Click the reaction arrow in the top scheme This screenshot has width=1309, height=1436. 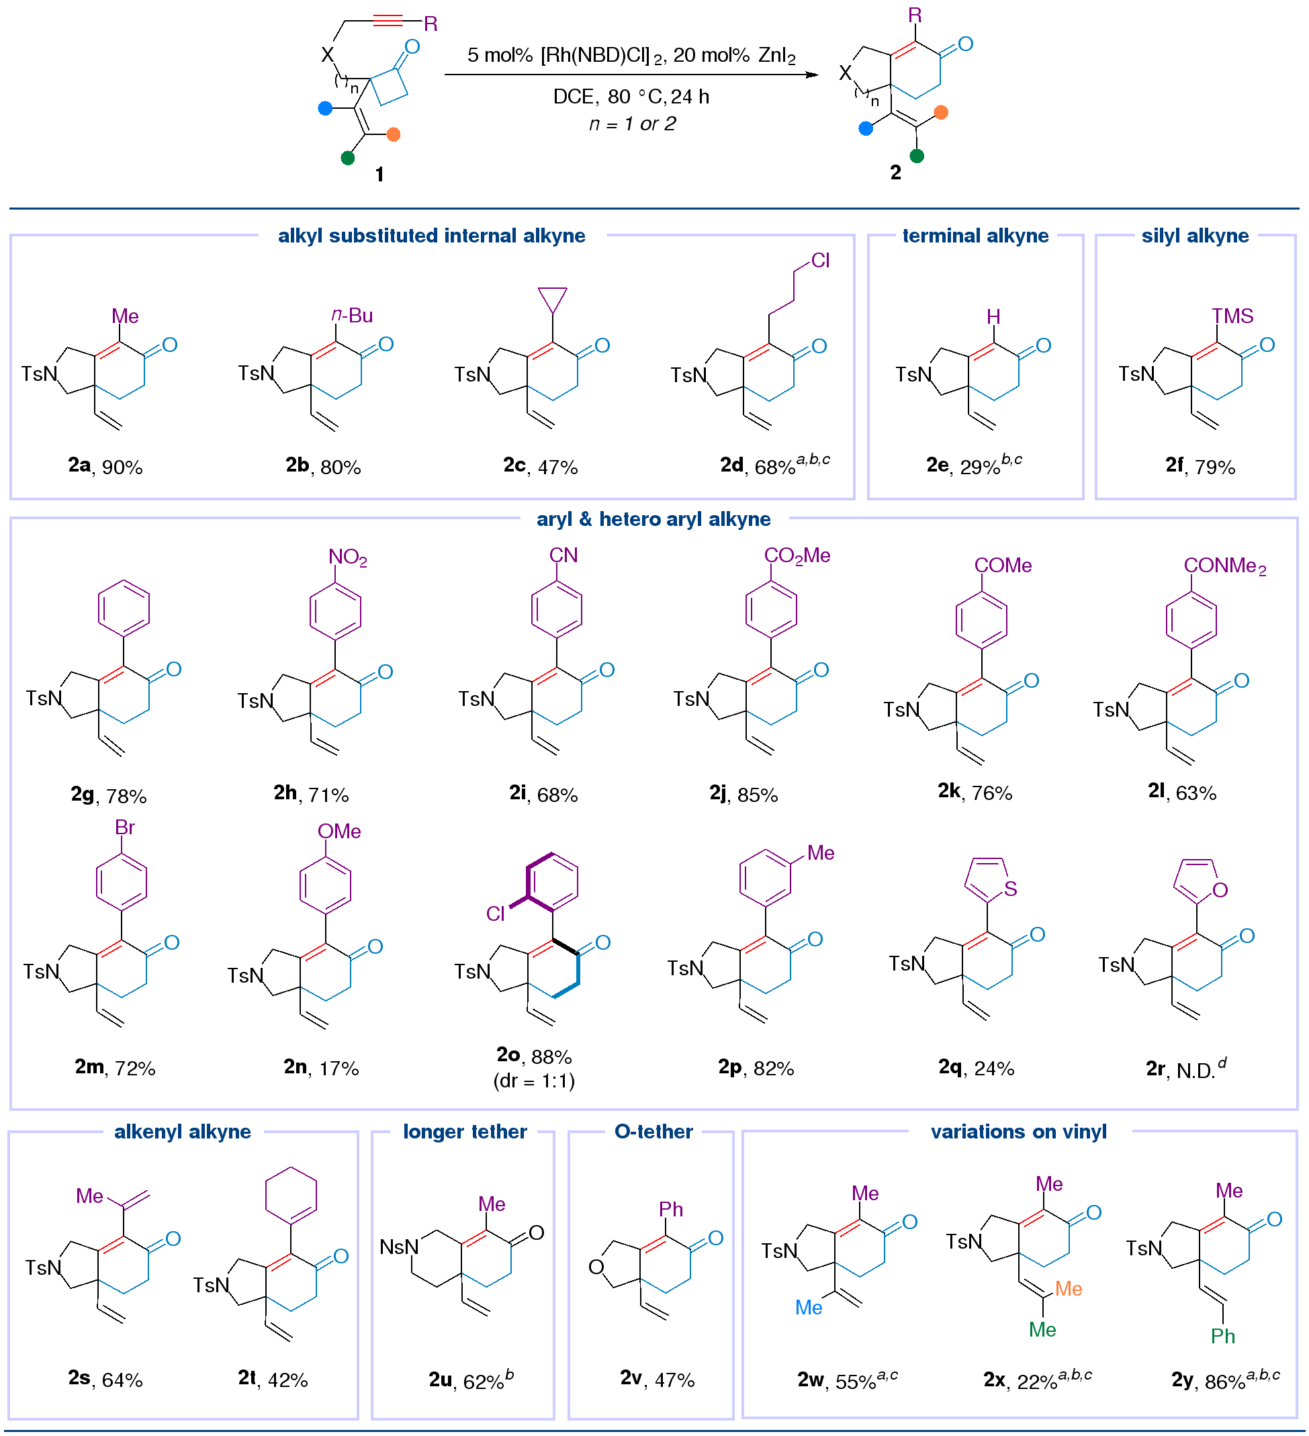coord(632,74)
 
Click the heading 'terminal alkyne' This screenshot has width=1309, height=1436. coord(975,236)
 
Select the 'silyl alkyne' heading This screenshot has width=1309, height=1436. coord(1195,236)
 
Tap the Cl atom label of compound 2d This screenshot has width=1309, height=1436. coord(821,261)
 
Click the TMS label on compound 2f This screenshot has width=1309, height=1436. coord(1233,316)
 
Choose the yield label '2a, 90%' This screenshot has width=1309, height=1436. coord(105,467)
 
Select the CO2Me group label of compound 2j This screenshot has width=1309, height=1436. coord(797,555)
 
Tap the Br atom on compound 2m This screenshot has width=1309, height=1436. coord(125,827)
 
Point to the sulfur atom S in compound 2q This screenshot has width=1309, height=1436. coord(1010,888)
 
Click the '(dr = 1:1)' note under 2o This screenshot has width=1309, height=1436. coord(534,1081)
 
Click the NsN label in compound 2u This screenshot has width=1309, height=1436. coord(399,1247)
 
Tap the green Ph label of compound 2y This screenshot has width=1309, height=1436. coord(1223,1335)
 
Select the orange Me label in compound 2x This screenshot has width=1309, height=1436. coord(1069,1288)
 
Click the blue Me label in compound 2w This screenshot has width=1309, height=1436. coord(809,1307)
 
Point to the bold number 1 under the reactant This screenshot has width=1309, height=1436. coord(379,175)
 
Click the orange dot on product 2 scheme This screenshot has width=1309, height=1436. coord(941,113)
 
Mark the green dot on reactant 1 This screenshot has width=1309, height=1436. coord(347,158)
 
